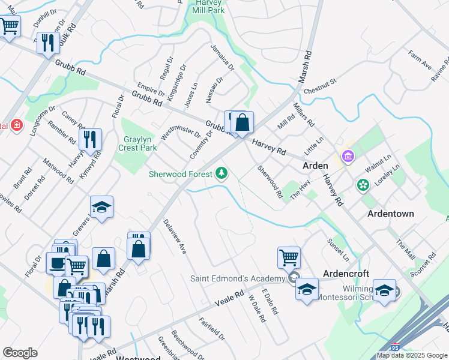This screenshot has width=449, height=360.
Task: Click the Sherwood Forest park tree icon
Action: click(x=222, y=174)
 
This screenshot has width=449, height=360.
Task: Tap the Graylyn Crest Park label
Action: click(x=137, y=143)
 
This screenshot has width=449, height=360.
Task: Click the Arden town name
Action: click(x=315, y=166)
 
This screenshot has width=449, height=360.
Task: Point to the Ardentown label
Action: click(x=391, y=214)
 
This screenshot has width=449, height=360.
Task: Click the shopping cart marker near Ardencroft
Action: click(x=289, y=257)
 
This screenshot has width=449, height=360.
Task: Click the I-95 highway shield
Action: click(x=394, y=347)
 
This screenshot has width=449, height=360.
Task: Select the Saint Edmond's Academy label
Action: click(x=237, y=278)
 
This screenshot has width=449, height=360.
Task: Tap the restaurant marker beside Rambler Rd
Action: click(x=90, y=139)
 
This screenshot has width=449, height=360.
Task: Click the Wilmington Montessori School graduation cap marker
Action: click(x=384, y=290)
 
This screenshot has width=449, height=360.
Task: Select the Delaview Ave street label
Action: click(x=175, y=236)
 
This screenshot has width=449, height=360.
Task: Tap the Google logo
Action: click(x=20, y=353)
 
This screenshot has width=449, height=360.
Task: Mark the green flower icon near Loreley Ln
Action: click(x=363, y=185)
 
